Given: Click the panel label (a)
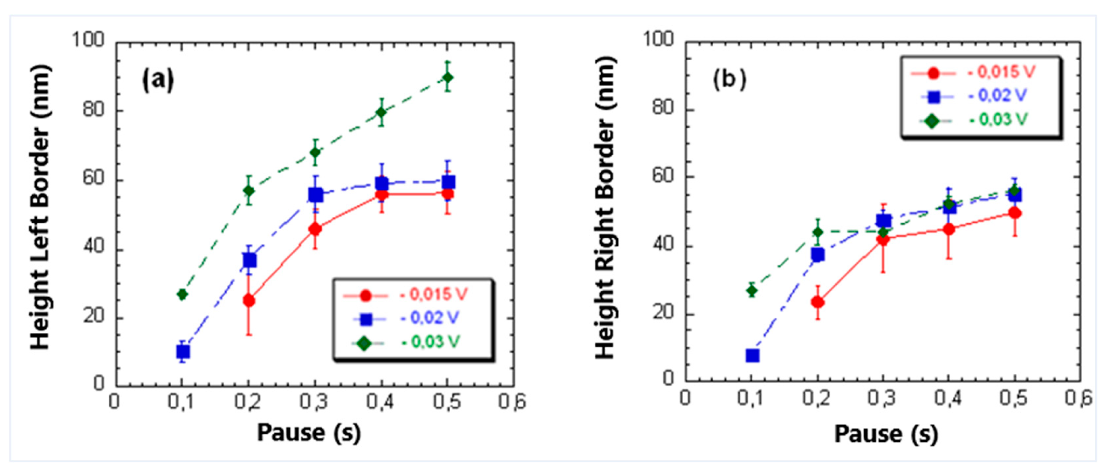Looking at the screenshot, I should pyautogui.click(x=158, y=80).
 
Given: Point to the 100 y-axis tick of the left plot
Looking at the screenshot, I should pyautogui.click(x=88, y=40).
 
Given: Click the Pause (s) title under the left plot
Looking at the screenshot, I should pyautogui.click(x=309, y=433).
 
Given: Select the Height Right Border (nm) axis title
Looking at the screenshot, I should pyautogui.click(x=605, y=208).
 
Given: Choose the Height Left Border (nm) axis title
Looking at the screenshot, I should pyautogui.click(x=41, y=208).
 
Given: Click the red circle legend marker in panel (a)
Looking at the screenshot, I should pyautogui.click(x=365, y=296).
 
